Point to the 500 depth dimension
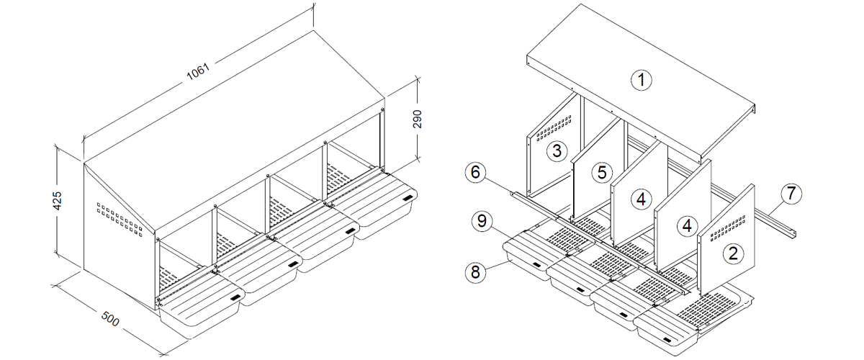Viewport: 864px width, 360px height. (x=109, y=319)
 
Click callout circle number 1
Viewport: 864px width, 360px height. (x=641, y=80)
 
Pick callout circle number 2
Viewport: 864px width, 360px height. (x=733, y=252)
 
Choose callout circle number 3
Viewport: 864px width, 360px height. (x=556, y=150)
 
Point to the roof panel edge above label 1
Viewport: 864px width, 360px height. (x=641, y=43)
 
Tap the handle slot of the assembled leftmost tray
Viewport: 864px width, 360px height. (x=235, y=297)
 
